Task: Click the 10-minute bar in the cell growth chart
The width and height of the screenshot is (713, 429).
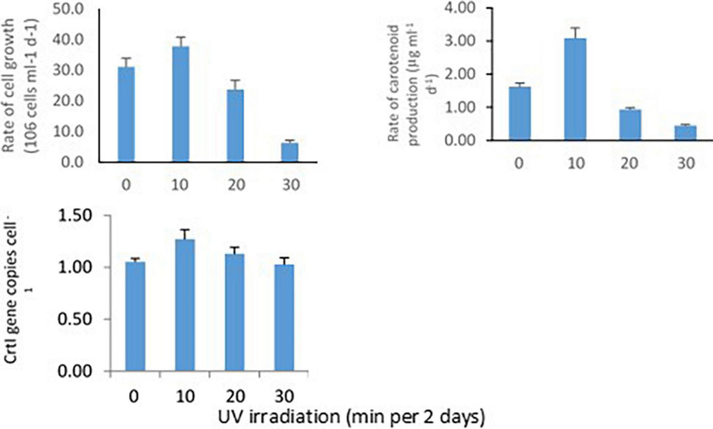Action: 180,104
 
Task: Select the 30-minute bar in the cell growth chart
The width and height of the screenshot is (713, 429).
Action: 290,152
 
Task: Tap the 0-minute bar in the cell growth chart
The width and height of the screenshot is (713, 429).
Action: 126,115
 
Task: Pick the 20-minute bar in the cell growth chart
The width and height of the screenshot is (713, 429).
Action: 235,126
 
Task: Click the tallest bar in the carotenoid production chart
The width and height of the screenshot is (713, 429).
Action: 575,89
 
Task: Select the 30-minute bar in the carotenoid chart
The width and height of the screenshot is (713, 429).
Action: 685,132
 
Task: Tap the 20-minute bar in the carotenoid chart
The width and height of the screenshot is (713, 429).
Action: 630,125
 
